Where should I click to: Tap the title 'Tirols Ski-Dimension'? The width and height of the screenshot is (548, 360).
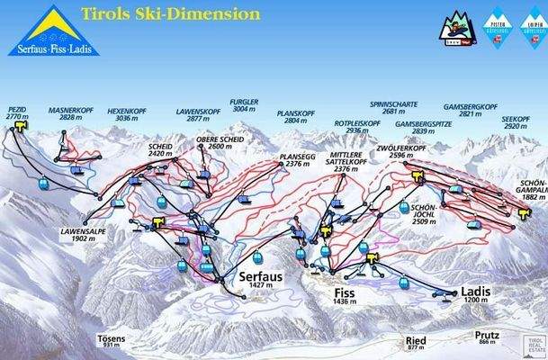pos(171,14)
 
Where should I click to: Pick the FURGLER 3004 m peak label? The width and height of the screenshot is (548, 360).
pos(245,104)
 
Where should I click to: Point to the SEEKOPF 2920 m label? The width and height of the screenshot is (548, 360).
pos(517,122)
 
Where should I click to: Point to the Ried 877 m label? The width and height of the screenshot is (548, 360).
pos(415,343)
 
